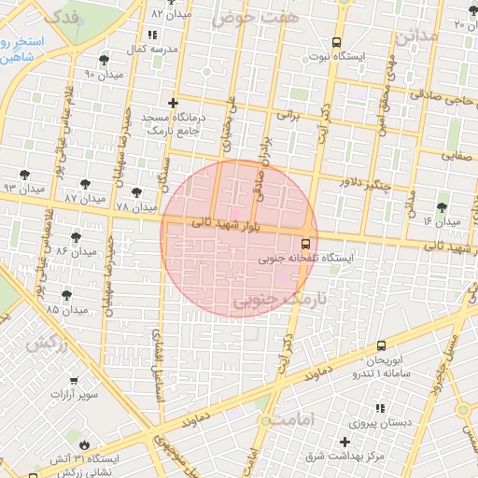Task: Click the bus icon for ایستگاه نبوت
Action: point(336,42)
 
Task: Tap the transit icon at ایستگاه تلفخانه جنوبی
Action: point(307,242)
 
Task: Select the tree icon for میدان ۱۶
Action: point(442,207)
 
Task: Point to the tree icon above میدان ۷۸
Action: point(137,192)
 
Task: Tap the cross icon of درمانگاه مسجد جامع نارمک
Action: point(172,104)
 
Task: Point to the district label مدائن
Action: point(415,37)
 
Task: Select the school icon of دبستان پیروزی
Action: point(380,408)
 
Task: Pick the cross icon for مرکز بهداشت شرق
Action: point(345,442)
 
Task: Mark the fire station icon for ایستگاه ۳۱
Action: point(87,444)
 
